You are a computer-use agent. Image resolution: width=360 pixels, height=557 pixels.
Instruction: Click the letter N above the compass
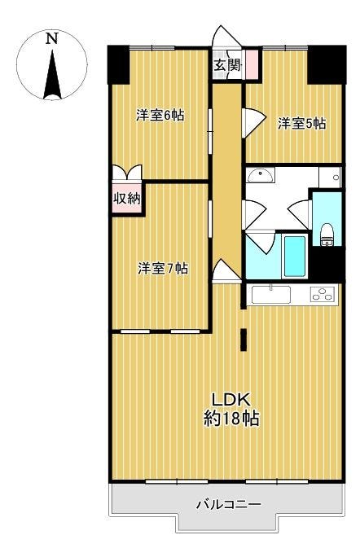(52, 38)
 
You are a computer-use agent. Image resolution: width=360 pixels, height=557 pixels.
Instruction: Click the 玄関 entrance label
(227, 65)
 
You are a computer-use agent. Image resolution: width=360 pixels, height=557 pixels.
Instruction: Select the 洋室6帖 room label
(160, 116)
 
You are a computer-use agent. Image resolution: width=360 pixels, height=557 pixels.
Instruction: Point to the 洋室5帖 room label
(301, 124)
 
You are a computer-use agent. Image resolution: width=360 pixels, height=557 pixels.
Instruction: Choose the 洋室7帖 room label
(163, 268)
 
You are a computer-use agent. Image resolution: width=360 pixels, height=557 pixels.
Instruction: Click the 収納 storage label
(127, 199)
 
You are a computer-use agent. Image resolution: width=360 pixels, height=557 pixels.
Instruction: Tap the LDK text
(231, 400)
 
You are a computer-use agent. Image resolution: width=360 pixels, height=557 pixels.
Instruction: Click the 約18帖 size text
(231, 418)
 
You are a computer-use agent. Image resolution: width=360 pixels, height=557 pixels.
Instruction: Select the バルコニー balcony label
(229, 504)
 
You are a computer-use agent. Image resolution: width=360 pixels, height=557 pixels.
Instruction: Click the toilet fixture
(327, 235)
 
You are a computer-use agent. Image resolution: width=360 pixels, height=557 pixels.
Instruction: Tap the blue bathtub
(295, 257)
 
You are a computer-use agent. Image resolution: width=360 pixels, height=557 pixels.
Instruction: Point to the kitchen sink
(270, 295)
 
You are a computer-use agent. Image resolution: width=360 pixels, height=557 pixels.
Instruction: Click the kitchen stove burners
(323, 294)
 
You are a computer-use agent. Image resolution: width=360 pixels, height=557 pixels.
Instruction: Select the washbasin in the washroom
(261, 175)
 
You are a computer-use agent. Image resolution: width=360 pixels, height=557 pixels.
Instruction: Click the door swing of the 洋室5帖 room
(254, 122)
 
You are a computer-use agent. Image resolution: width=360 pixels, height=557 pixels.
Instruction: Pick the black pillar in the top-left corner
(119, 64)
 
